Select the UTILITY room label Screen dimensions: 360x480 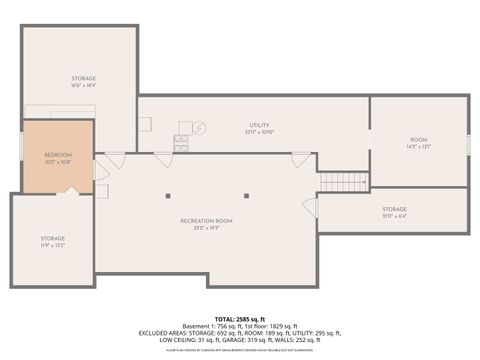click(259, 124)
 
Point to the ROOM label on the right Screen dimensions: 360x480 click(418, 140)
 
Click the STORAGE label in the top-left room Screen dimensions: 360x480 click(83, 78)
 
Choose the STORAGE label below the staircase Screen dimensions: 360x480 click(394, 209)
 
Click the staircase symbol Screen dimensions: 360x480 click(342, 182)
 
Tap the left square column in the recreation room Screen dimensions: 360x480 click(168, 194)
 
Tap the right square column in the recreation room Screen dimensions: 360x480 click(245, 194)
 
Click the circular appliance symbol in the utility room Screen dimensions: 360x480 click(198, 127)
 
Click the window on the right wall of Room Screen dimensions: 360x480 click(468, 144)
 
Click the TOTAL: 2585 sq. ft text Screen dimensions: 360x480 click(240, 319)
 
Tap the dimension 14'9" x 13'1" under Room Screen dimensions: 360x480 click(418, 147)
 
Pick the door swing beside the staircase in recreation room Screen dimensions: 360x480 click(309, 207)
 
